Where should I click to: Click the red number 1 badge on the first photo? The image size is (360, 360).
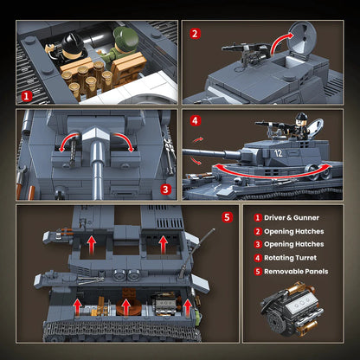(28, 97)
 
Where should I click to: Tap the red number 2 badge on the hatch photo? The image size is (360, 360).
(196, 34)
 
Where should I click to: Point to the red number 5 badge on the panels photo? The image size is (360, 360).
(228, 216)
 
